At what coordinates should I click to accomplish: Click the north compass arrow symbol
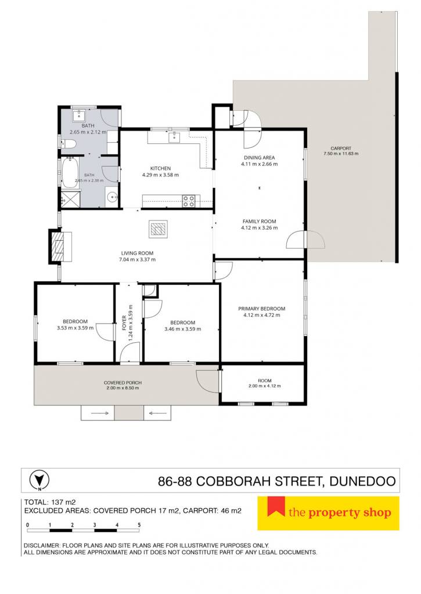(x=39, y=480)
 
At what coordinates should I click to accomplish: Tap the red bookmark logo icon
(x=276, y=507)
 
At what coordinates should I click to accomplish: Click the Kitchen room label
(x=160, y=168)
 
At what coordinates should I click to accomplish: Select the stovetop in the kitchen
(x=189, y=201)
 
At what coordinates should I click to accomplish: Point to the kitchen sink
(x=174, y=137)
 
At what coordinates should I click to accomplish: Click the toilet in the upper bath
(x=70, y=144)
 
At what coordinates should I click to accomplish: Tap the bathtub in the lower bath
(x=70, y=173)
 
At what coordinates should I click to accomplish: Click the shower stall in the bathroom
(x=71, y=198)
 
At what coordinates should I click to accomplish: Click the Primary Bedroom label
(x=262, y=309)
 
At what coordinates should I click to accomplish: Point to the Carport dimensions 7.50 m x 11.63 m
(x=341, y=154)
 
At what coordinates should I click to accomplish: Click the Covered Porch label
(x=123, y=383)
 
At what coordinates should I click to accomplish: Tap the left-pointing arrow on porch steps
(x=157, y=413)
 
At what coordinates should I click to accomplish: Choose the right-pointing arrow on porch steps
(x=98, y=413)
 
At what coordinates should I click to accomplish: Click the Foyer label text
(x=124, y=323)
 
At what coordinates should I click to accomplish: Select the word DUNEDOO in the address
(x=362, y=481)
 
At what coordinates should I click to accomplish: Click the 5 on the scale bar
(x=139, y=525)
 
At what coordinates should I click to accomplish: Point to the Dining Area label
(x=260, y=158)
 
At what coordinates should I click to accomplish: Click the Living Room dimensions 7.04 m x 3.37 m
(x=137, y=259)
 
